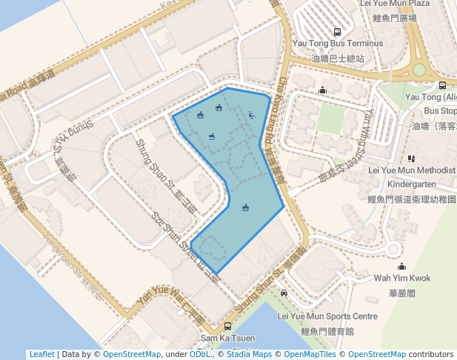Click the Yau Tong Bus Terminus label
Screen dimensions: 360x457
[x=338, y=44]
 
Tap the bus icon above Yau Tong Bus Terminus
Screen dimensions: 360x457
[x=338, y=32]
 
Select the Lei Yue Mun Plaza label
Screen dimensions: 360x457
[x=393, y=4]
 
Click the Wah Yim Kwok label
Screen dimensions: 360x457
[x=401, y=278]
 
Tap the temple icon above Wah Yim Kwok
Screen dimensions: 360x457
[x=401, y=266]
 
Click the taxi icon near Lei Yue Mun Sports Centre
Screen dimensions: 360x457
[x=284, y=293]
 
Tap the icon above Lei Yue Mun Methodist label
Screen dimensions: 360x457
[x=411, y=158]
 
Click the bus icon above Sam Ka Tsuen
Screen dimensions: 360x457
[x=227, y=326]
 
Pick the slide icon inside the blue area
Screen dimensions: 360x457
[x=252, y=115]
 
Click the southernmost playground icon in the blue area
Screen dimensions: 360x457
[x=245, y=207]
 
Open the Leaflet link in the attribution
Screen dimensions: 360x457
[x=41, y=354]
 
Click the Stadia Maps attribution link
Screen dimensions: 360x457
[x=253, y=354]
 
